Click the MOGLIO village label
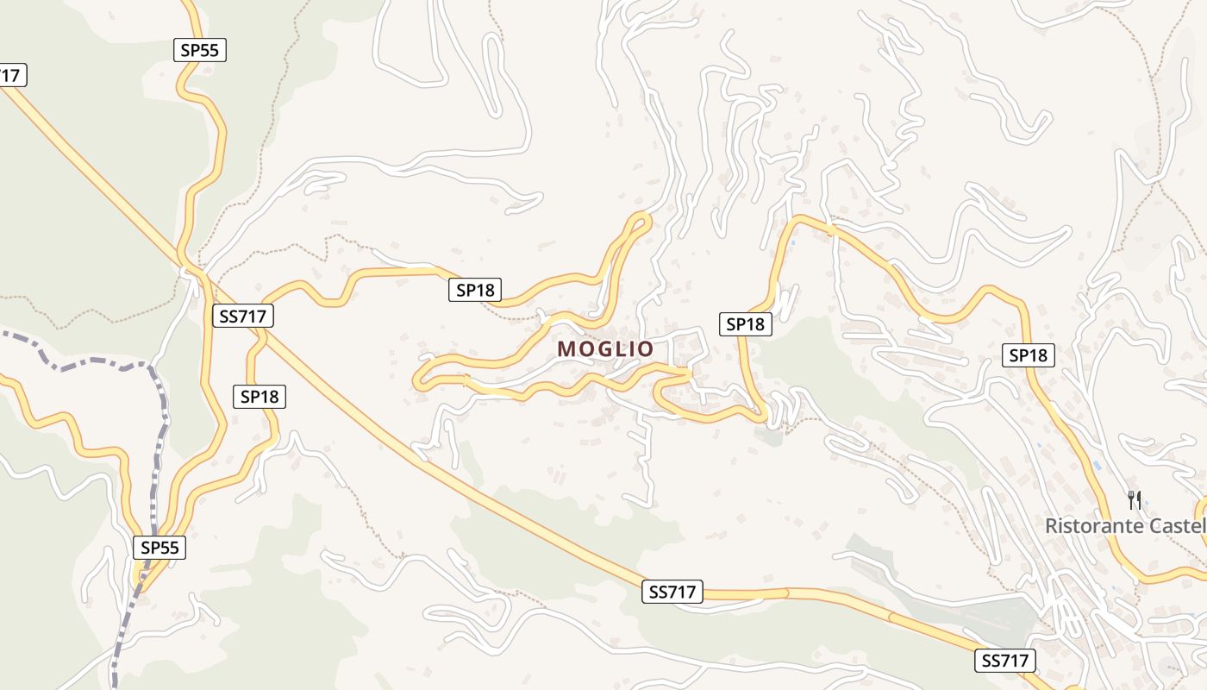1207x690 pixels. pos(605,349)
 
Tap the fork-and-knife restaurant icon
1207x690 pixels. pos(1135,499)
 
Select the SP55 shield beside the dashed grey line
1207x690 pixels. pos(160,547)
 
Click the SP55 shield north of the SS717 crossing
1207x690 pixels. pos(200,50)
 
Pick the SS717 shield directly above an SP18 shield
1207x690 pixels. pos(242,317)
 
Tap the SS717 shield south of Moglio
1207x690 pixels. pos(672,592)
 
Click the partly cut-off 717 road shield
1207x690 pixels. pos(10,76)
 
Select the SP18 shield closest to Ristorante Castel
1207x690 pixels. pos(1029,354)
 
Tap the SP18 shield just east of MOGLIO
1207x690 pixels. pos(746,324)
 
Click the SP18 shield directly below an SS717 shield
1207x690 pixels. pos(260,396)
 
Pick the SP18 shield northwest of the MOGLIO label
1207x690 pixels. pos(475,290)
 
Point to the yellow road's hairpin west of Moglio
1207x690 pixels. pos(420,377)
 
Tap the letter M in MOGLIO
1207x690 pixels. pos(567,349)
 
